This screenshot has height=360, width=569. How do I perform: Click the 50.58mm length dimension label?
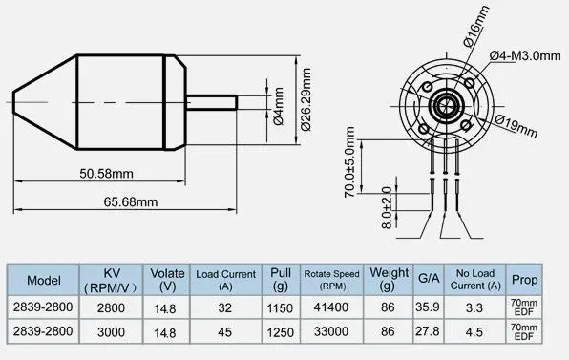106,174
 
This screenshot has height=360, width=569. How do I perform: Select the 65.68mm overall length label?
131,201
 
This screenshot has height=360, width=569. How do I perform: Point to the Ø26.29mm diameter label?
306,99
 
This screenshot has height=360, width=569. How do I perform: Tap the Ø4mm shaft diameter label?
279,106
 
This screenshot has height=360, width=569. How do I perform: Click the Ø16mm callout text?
476,27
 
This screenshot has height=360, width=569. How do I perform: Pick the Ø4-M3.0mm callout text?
525,56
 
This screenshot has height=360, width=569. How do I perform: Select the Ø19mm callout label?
516,125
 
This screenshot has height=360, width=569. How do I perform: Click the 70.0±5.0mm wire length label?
349,161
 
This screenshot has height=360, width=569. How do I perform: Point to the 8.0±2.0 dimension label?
387,207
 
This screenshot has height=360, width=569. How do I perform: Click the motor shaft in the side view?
212,102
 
